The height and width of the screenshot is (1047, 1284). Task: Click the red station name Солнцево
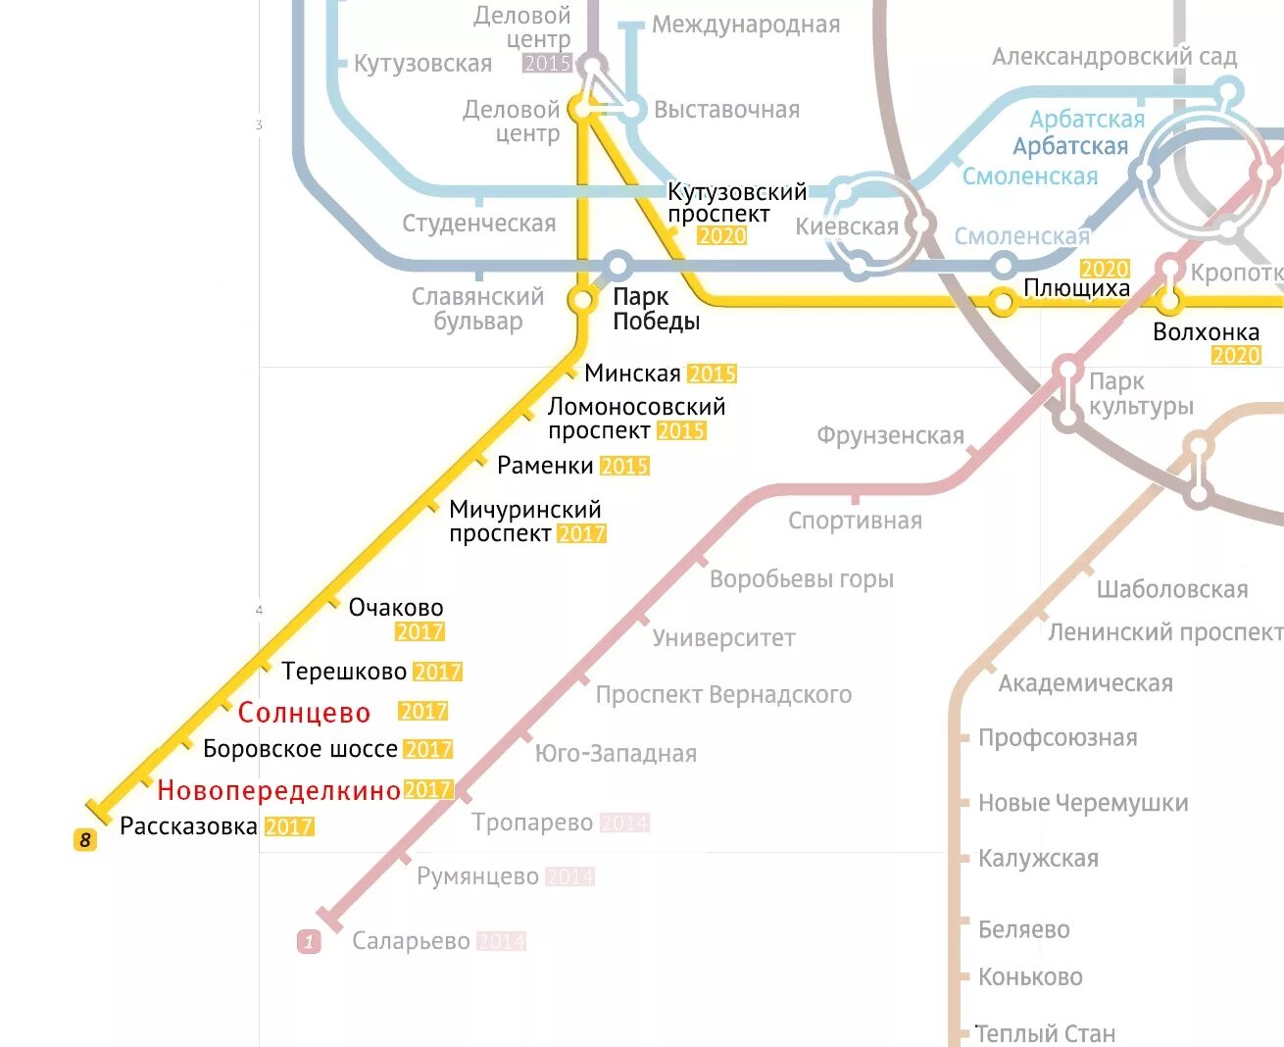304,713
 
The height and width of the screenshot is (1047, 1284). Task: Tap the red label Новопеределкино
278,790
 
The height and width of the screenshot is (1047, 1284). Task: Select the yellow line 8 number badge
85,840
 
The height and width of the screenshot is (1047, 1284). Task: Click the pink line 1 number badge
309,942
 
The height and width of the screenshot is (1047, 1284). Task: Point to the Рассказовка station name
188,826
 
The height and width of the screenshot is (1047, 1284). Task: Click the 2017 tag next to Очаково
420,632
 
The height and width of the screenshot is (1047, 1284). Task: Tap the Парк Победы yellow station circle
583,300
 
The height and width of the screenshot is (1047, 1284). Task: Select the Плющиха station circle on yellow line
1002,302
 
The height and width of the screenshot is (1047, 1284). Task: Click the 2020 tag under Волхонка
1235,356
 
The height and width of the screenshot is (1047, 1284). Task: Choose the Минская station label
632,374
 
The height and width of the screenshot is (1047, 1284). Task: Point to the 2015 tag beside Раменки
624,466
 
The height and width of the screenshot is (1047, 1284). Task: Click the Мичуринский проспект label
524,522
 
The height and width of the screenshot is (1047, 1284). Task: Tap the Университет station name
723,638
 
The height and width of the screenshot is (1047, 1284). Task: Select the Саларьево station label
411,941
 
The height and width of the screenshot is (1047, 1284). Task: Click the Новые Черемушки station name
1083,804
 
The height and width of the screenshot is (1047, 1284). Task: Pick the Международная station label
746,25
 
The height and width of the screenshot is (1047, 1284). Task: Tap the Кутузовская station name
422,64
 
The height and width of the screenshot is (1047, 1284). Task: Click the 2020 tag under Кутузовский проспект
721,236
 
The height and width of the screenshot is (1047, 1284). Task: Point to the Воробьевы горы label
802,579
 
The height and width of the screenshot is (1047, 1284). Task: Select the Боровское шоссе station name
300,749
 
